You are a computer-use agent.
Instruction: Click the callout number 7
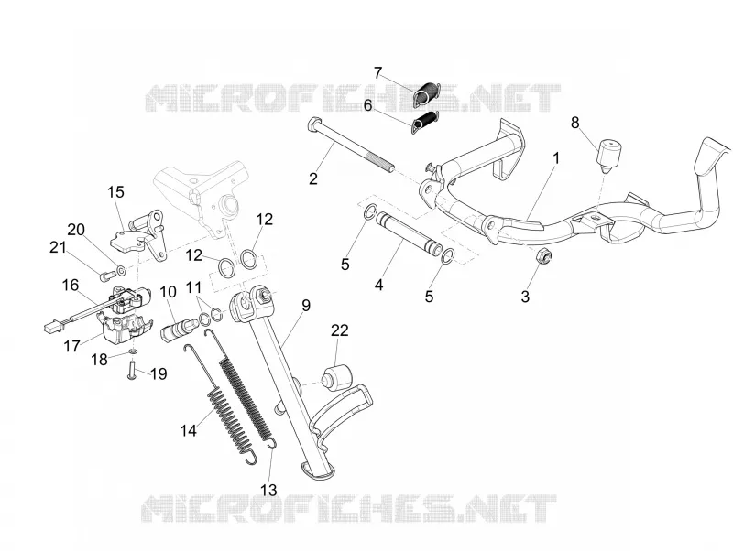377,73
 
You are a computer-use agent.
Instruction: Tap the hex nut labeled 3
543,255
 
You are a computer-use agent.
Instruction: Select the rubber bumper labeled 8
608,155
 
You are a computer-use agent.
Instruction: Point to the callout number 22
340,330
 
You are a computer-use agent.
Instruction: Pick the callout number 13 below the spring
268,490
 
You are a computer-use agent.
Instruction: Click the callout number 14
189,430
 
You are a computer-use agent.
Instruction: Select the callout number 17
72,346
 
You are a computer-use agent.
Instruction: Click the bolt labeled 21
105,275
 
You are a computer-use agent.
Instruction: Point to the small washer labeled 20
121,270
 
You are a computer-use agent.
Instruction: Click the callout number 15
116,192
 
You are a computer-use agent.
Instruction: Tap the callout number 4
378,285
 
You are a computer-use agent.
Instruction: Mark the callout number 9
306,306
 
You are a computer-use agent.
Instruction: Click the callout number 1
556,158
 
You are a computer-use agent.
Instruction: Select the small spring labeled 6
425,120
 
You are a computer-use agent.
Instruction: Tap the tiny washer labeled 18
133,351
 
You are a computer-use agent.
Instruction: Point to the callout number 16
71,285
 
